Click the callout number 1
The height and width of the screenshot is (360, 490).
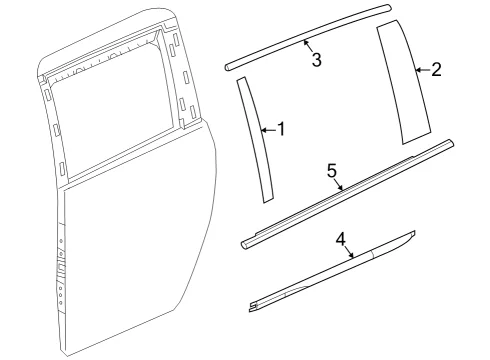point(282,129)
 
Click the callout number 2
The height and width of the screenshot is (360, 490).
point(436,70)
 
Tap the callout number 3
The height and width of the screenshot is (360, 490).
point(316,59)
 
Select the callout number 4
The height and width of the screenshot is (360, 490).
point(341,239)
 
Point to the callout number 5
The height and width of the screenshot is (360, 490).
point(332,171)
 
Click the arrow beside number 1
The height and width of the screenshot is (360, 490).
point(269,130)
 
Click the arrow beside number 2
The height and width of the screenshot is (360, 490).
point(422,70)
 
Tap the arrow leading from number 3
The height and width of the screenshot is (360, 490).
point(308,46)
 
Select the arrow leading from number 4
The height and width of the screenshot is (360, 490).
point(348,252)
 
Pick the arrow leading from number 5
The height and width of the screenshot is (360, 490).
point(338,185)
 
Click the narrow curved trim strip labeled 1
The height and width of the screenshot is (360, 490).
point(256,140)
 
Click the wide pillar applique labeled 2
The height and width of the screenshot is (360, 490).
point(402,82)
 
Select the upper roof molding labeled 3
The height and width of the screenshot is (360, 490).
point(307,37)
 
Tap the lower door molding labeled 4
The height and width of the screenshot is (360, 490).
point(333,271)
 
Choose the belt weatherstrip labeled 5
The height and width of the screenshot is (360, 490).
point(347,193)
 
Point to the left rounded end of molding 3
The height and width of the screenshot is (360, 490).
point(227,67)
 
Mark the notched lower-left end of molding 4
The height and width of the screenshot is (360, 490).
point(252,308)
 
